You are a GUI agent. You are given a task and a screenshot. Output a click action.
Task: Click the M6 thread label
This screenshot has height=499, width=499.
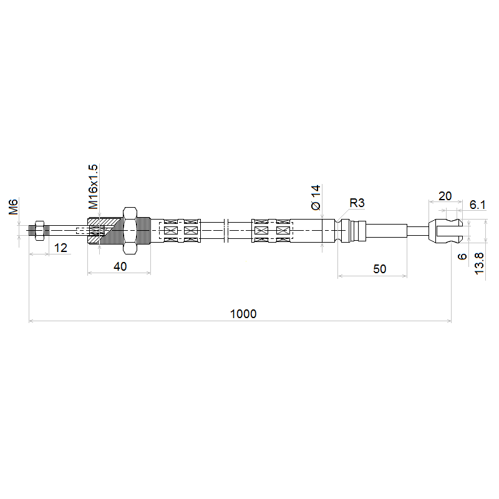coord(13,206)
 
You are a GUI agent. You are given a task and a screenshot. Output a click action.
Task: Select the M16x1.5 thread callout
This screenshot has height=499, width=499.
coord(93,187)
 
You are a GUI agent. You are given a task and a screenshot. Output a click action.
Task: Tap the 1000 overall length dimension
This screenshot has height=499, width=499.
coord(243,314)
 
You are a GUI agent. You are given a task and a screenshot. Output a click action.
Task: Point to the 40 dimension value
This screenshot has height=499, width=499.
coord(120,266)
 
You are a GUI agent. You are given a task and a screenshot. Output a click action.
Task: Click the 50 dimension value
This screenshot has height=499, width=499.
coord(379,269)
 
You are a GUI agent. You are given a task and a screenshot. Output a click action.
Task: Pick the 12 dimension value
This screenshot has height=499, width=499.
coord(61,248)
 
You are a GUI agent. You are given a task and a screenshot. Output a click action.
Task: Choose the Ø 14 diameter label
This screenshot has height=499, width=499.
coord(316,197)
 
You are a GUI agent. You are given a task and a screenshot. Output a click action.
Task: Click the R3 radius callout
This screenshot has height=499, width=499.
coord(357,203)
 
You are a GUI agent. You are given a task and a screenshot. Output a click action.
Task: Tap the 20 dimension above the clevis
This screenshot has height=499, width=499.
coord(445,196)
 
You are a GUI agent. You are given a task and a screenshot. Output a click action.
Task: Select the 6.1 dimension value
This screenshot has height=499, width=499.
coord(477,205)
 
